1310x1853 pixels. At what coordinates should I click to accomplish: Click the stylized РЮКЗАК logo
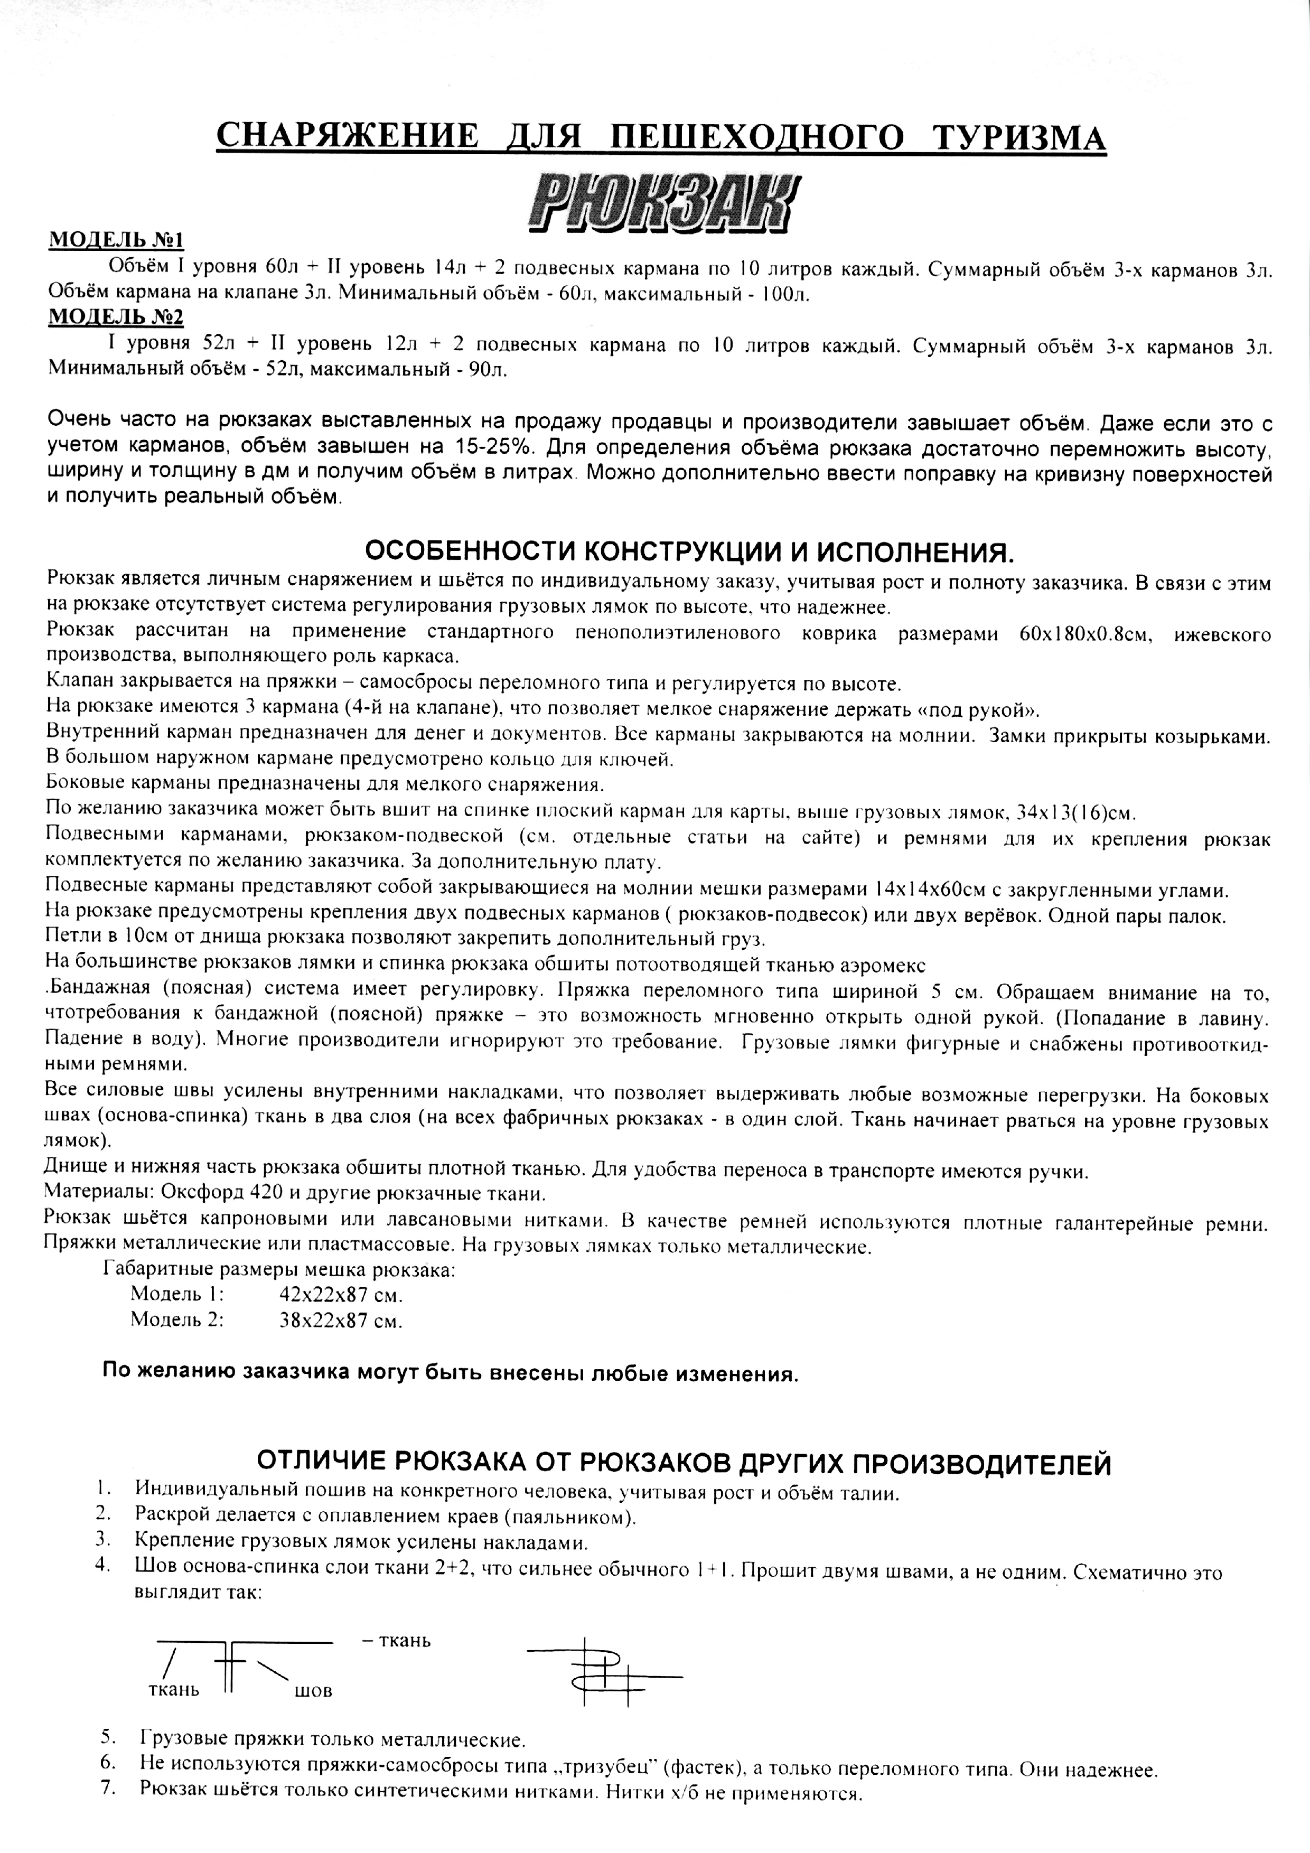(x=654, y=203)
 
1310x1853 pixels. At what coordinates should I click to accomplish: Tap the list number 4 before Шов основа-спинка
(x=102, y=1564)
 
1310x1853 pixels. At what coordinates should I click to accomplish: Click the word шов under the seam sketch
(x=314, y=1691)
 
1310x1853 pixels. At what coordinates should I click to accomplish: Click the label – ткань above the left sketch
(x=394, y=1641)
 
